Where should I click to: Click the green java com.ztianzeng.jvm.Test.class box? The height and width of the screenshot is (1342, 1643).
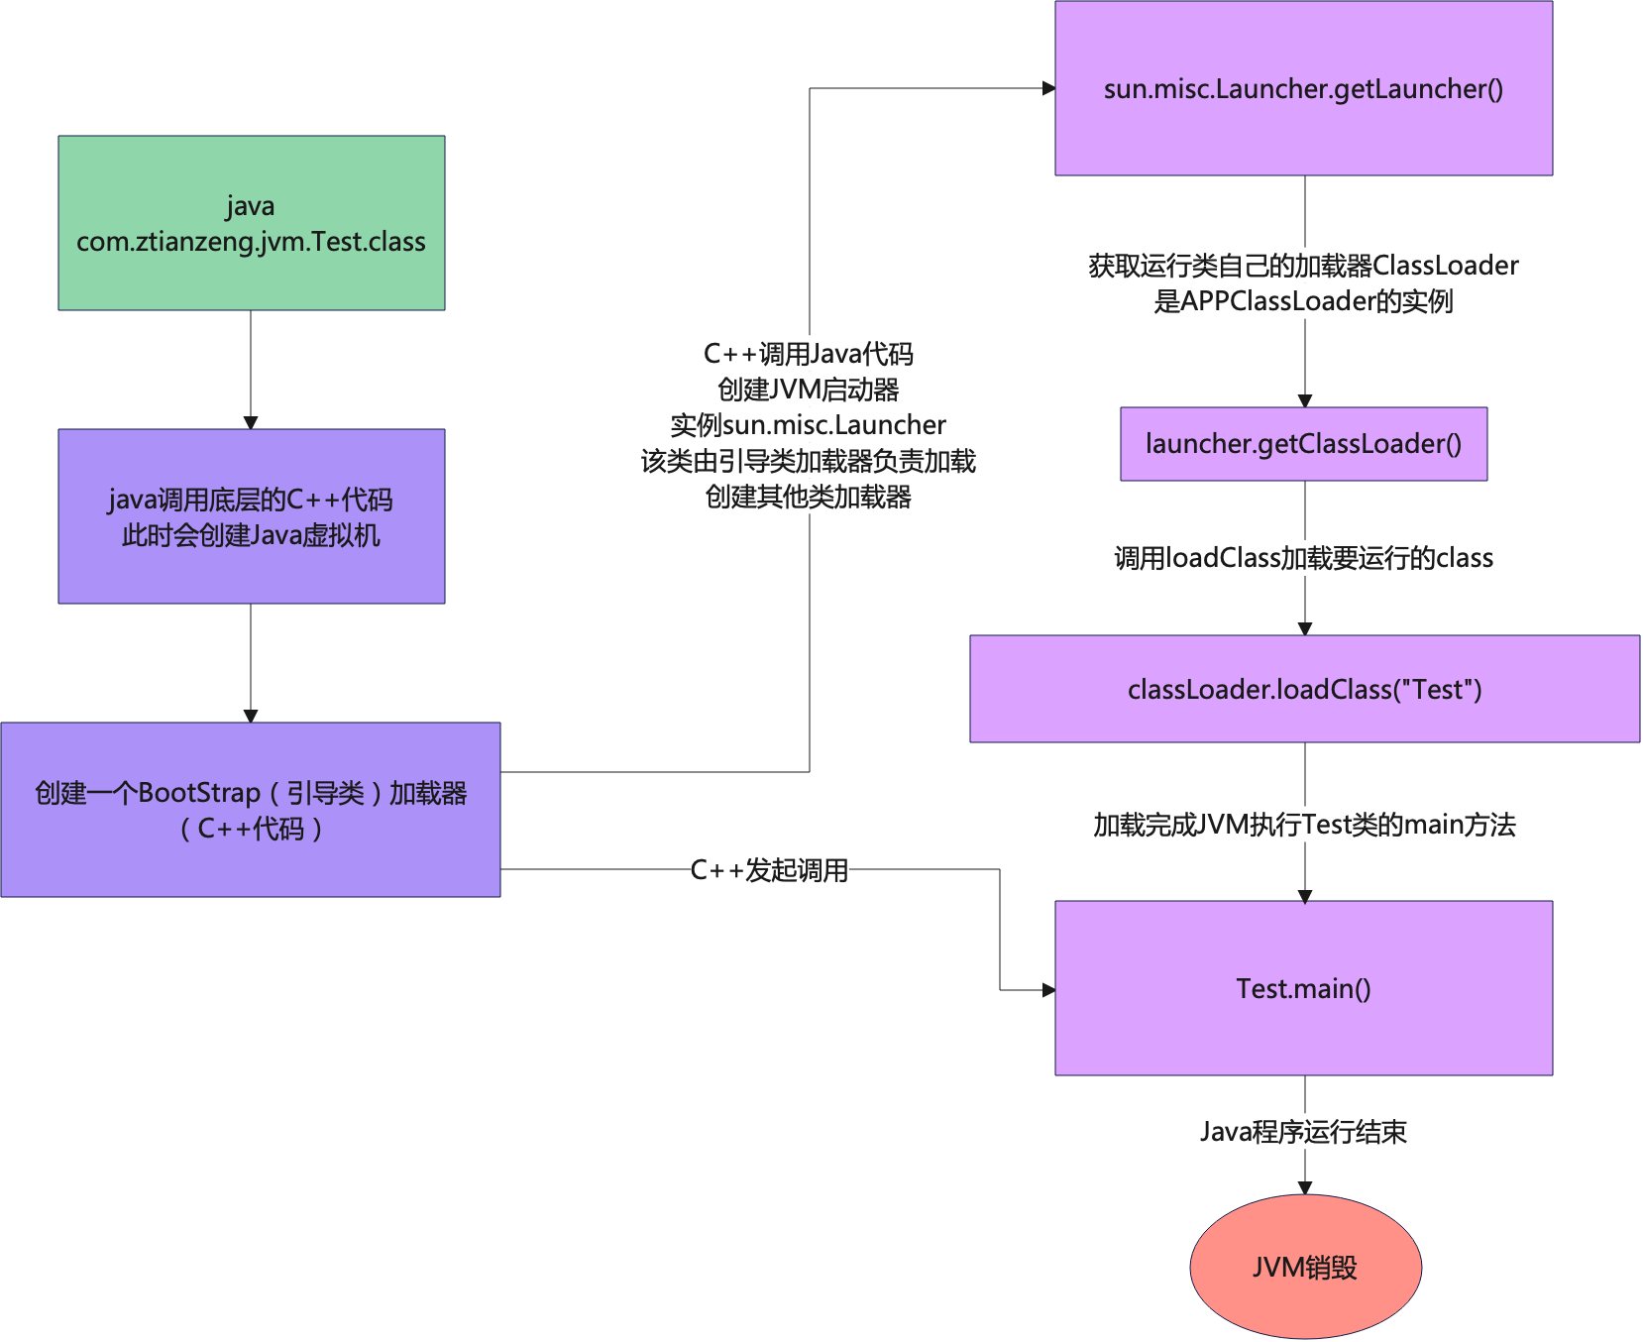251,223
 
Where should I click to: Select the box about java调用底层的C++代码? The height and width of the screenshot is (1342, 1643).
251,516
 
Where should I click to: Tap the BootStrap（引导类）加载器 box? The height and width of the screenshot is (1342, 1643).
251,810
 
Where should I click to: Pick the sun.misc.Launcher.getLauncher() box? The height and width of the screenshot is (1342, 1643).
1303,88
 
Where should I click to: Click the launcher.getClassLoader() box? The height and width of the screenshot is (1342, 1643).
1303,444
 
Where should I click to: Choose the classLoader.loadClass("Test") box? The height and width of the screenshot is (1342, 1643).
1304,689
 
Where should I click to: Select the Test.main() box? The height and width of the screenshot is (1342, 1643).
1303,988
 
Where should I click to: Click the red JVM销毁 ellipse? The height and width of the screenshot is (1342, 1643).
1305,1267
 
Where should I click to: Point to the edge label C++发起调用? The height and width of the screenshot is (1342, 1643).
769,870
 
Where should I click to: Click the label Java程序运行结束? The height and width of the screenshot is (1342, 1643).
1303,1131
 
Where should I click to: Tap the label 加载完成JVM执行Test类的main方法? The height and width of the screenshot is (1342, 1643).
1305,824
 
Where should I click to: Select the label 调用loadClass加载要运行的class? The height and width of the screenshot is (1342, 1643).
1303,558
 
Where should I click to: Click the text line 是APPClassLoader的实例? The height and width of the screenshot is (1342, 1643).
1303,301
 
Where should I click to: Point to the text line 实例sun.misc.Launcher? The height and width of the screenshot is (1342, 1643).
809,425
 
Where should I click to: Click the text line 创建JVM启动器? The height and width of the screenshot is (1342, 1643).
809,390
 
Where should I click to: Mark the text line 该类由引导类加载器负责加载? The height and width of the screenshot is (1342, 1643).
809,461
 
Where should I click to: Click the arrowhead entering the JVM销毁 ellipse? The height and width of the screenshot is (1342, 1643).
1305,1187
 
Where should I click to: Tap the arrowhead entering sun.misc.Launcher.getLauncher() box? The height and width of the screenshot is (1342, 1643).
1048,88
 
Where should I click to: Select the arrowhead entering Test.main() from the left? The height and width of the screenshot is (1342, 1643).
1048,989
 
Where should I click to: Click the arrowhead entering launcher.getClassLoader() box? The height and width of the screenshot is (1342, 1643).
1305,400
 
